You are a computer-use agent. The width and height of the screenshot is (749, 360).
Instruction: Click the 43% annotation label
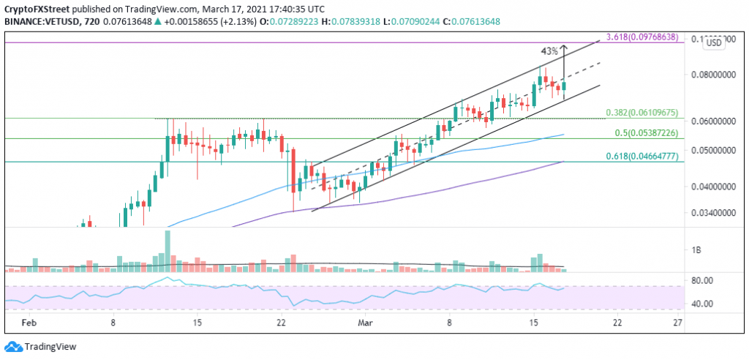coord(549,51)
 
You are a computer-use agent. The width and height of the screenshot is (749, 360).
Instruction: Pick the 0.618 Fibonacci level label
coord(647,157)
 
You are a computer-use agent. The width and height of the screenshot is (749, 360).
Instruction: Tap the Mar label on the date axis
coord(366,322)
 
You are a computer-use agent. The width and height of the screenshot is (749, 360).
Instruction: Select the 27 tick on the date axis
coord(677,322)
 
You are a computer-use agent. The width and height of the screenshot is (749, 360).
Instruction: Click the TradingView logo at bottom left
coord(41,347)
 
